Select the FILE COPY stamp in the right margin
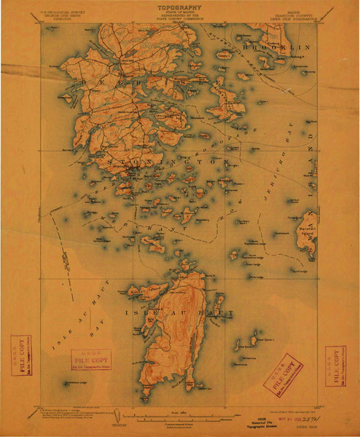[334, 363]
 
